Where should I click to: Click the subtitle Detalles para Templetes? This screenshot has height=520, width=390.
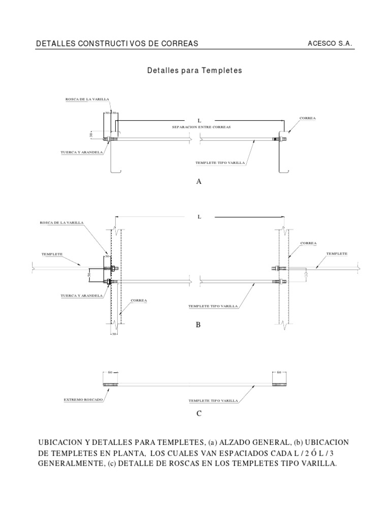(194, 71)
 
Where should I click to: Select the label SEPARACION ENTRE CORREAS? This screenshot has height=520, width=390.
(202, 127)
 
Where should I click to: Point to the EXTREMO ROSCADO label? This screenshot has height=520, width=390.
(83, 400)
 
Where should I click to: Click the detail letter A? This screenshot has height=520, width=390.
(199, 181)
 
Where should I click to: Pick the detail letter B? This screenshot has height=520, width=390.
(199, 324)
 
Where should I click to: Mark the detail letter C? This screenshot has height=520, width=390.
(199, 413)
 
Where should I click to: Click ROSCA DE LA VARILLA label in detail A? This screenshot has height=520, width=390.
(87, 100)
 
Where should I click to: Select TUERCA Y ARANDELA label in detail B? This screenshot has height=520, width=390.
(82, 295)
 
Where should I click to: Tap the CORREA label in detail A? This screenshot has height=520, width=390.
(308, 118)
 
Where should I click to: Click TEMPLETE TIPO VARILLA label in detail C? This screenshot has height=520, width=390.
(213, 401)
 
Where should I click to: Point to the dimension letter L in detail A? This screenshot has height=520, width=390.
(200, 120)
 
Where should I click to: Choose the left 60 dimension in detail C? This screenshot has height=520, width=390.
(110, 372)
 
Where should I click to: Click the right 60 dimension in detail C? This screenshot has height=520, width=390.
(279, 372)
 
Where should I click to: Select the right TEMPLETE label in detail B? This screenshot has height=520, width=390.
(337, 253)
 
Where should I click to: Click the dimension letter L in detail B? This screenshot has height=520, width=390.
(200, 217)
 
